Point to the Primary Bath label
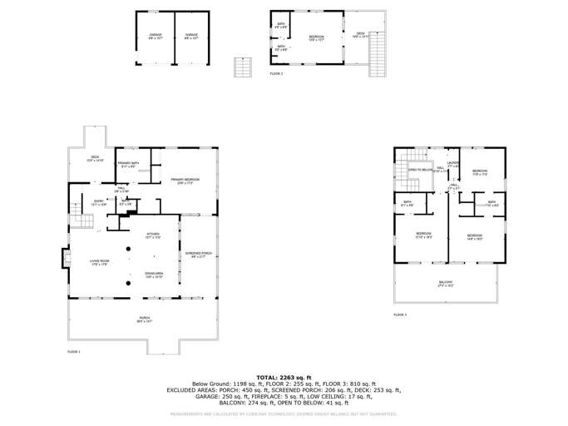point(127,165)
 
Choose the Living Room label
point(100,263)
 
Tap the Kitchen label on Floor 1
point(153,235)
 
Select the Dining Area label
point(154,275)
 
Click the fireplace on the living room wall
point(63,260)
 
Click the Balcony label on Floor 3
point(447,284)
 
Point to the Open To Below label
point(420,170)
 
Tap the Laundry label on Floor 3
point(453,164)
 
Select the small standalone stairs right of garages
point(242,67)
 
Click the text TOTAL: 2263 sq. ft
point(284,377)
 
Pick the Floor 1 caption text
point(74,352)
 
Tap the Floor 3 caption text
point(400,315)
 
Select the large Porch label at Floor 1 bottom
point(144,319)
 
